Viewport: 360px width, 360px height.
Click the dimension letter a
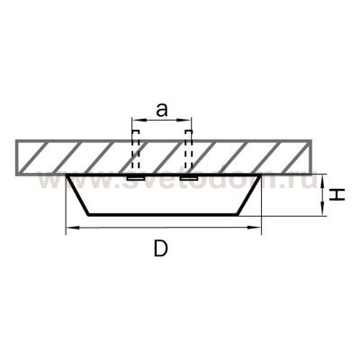point(161,110)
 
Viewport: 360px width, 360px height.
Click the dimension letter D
point(160,248)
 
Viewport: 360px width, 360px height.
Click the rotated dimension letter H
point(337,194)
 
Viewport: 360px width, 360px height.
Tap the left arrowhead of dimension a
point(136,121)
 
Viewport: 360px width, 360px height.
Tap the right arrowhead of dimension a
point(187,121)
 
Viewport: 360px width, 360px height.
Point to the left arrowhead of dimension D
point(71,229)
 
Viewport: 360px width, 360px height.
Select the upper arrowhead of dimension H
point(322,179)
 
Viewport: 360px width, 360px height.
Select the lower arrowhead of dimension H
point(322,211)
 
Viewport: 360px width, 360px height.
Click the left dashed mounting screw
point(136,150)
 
